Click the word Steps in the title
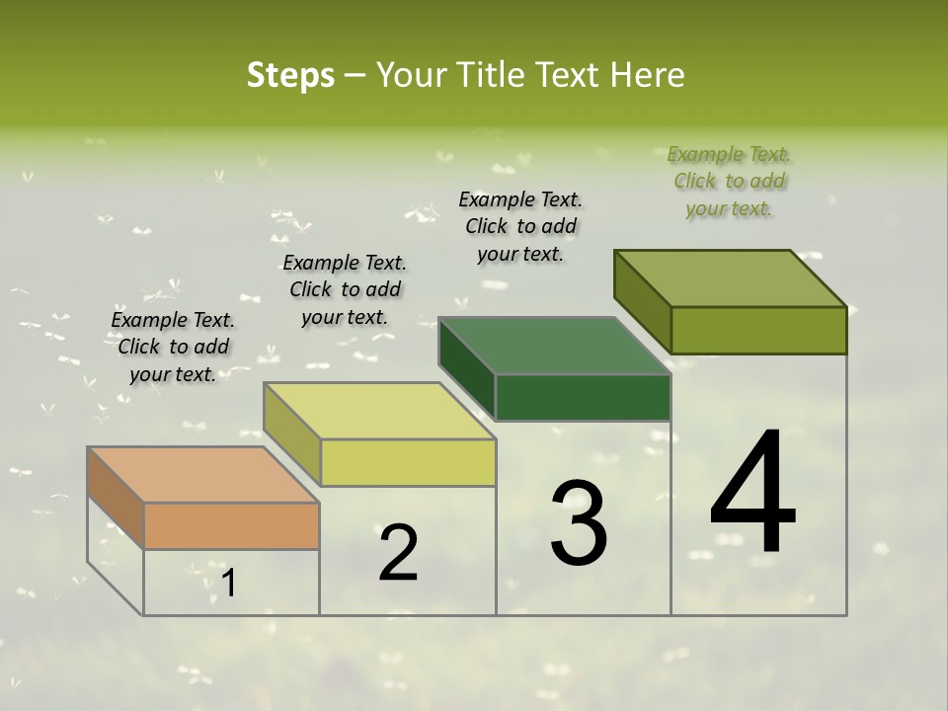pyautogui.click(x=289, y=75)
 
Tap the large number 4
pyautogui.click(x=753, y=493)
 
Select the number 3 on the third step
pyautogui.click(x=579, y=522)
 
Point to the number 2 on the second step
pyautogui.click(x=398, y=553)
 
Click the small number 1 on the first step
pyautogui.click(x=229, y=584)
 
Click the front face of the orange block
pyautogui.click(x=231, y=525)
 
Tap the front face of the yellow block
pyautogui.click(x=408, y=462)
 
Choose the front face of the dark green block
pyautogui.click(x=583, y=397)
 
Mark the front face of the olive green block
pyautogui.click(x=758, y=330)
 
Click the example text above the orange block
pyautogui.click(x=173, y=347)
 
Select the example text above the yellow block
pyautogui.click(x=345, y=289)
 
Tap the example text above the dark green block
pyautogui.click(x=520, y=226)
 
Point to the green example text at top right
pyautogui.click(x=729, y=181)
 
